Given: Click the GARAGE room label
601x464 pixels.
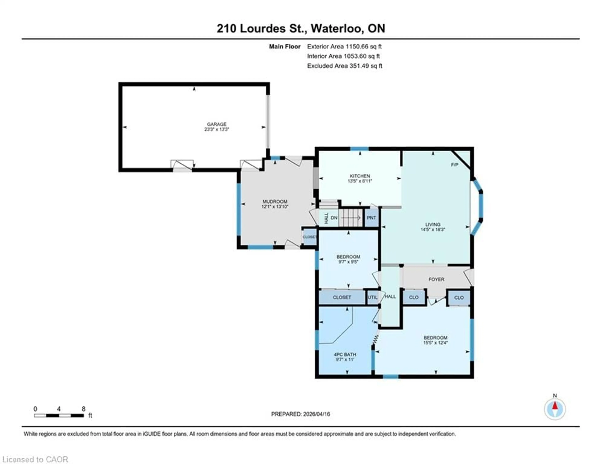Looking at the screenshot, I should click(x=217, y=124).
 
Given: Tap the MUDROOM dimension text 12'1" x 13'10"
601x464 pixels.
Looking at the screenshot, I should click(x=275, y=206).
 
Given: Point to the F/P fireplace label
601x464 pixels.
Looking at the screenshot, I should click(x=455, y=165).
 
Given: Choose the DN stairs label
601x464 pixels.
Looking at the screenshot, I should click(x=334, y=218).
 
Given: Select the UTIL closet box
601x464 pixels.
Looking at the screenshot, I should click(x=373, y=297).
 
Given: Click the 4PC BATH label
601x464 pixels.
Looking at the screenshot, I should click(x=345, y=354).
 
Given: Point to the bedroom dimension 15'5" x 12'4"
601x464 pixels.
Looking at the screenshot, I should click(x=435, y=343).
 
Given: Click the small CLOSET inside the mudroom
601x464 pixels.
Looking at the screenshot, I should click(x=309, y=237).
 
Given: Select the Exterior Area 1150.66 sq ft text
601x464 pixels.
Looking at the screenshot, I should click(x=344, y=46).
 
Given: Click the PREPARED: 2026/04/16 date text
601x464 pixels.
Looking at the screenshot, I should click(x=300, y=414).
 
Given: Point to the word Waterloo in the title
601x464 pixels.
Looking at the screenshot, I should click(x=336, y=28).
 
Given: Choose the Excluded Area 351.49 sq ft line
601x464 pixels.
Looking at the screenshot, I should click(x=344, y=66).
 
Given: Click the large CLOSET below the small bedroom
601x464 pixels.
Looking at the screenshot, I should click(x=342, y=297).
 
